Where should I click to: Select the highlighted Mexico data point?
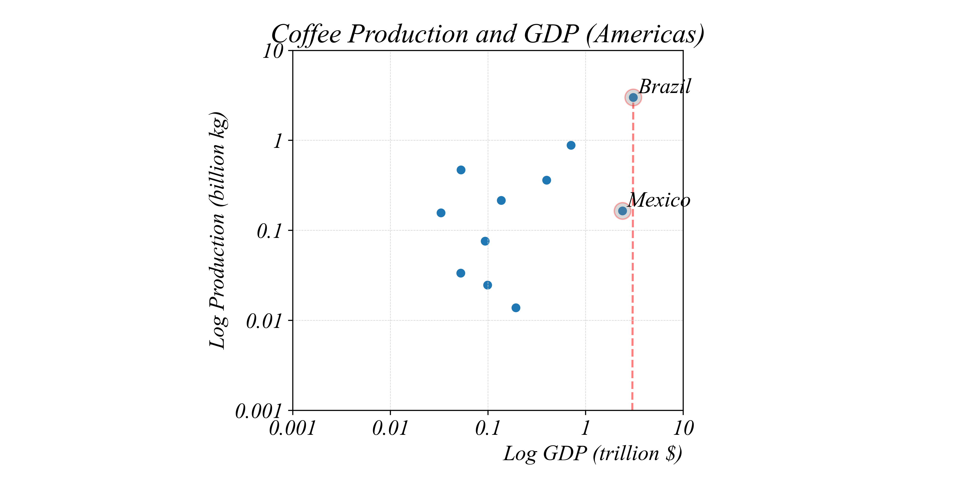tap(622, 211)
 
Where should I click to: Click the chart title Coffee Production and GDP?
tap(488, 34)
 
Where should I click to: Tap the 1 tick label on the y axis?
tap(278, 141)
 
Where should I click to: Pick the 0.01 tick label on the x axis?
tap(390, 428)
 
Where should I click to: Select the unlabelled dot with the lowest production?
tap(516, 308)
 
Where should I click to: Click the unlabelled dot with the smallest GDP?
tap(441, 213)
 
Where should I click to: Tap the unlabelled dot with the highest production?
tap(571, 145)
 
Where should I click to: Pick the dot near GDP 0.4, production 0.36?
tap(546, 180)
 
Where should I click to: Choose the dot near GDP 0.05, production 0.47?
tap(461, 170)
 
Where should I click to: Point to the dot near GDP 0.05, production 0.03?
tap(460, 273)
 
